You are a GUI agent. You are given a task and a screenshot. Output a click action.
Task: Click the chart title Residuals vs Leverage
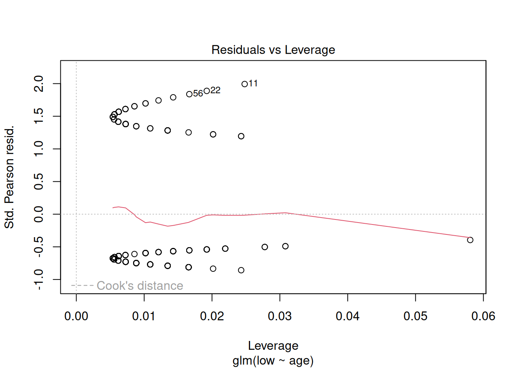coord(273,50)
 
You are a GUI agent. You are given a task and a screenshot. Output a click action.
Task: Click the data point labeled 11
coord(245,84)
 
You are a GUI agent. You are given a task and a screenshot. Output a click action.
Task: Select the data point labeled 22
coord(207,91)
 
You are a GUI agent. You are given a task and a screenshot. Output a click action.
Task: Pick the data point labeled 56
coord(189,94)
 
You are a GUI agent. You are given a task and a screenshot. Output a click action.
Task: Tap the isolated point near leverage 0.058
coord(470,240)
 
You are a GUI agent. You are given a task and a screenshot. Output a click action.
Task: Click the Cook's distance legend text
coord(140,286)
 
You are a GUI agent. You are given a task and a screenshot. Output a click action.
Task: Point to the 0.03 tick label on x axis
coord(280,316)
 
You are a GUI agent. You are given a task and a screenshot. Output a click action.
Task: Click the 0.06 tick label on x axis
coord(483,316)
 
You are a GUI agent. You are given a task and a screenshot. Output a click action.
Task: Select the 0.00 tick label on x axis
coord(76,316)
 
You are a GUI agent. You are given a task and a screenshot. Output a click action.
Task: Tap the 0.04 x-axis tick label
coord(348,316)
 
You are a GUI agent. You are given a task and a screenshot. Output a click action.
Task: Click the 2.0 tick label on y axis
coord(39,83)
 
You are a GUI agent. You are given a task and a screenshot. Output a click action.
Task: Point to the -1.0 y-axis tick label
coord(39,279)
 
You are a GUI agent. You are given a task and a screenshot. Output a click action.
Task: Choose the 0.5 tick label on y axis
coord(39,181)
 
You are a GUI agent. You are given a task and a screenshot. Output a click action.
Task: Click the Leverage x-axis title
coord(273,346)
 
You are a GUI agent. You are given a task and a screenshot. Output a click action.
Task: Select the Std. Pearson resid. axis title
coord(9,177)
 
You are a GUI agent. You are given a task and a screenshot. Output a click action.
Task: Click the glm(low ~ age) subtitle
coord(273,361)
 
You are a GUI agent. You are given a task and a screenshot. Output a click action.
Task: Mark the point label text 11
coord(253,83)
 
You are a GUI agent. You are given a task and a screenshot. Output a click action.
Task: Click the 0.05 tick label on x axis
coord(415,316)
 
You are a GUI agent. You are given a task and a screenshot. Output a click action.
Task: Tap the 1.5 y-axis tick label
coord(39,116)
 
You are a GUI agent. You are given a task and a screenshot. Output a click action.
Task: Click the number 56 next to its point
coord(198,94)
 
